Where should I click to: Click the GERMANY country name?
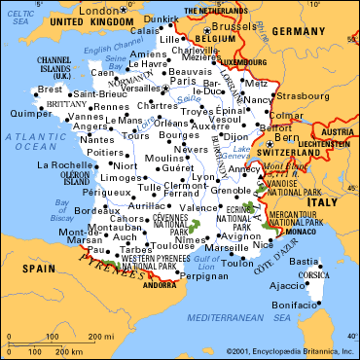click(314, 32)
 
